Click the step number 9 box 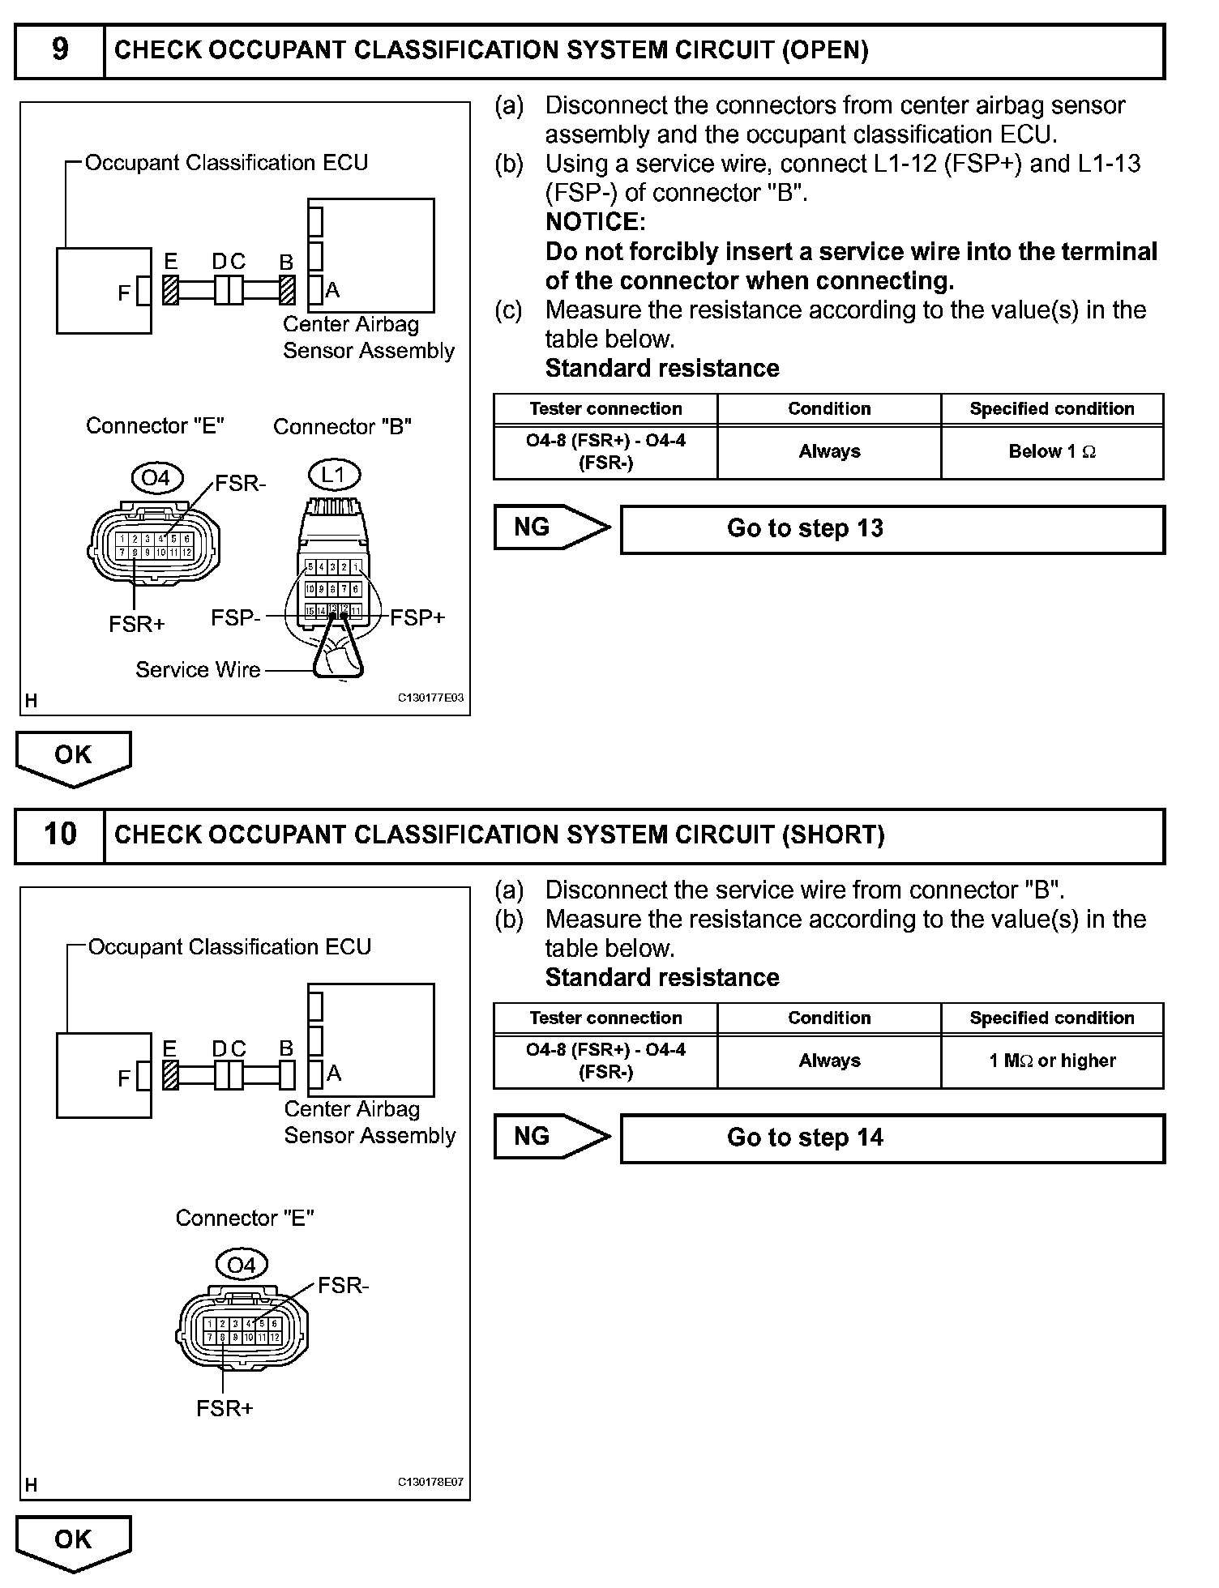click(60, 50)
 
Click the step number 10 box click(60, 835)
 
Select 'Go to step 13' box click(892, 529)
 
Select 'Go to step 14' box click(892, 1138)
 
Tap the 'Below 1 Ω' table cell click(1051, 452)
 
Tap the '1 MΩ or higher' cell click(1051, 1061)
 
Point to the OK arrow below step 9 click(73, 757)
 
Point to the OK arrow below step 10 click(73, 1541)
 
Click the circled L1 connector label click(334, 475)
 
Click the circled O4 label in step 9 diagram click(156, 478)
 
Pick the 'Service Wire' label click(198, 670)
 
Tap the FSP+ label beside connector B click(417, 618)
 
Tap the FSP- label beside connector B click(235, 618)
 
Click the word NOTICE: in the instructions click(596, 222)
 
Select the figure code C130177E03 click(430, 698)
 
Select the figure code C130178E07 click(430, 1483)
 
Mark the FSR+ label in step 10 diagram click(225, 1409)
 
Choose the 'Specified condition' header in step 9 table click(1051, 409)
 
